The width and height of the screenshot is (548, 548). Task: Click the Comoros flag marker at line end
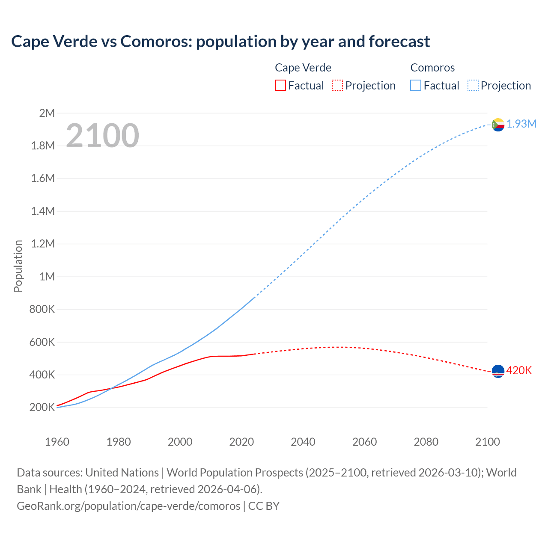[498, 125]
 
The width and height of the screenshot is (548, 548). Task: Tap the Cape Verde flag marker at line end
[498, 371]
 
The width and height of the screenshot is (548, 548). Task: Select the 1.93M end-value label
[521, 124]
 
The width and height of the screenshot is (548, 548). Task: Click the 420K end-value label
[519, 370]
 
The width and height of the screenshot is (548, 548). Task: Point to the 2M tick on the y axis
[47, 113]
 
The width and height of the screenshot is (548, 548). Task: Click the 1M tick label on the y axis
[47, 277]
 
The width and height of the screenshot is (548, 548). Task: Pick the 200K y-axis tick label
[42, 407]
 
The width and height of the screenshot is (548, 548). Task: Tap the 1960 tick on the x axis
[57, 442]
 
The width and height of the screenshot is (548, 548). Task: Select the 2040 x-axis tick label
[303, 442]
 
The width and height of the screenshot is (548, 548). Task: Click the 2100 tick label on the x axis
[488, 442]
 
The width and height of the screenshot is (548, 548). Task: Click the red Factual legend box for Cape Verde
[280, 85]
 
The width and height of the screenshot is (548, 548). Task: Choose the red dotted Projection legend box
[337, 85]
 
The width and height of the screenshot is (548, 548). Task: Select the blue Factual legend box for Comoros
[416, 85]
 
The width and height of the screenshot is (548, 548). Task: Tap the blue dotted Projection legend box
[473, 85]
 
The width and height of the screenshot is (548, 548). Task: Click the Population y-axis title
[18, 266]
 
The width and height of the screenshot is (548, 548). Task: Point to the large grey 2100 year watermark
[102, 136]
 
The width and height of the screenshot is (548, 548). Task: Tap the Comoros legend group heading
[432, 68]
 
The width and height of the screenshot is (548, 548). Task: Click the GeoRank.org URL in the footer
[128, 506]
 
